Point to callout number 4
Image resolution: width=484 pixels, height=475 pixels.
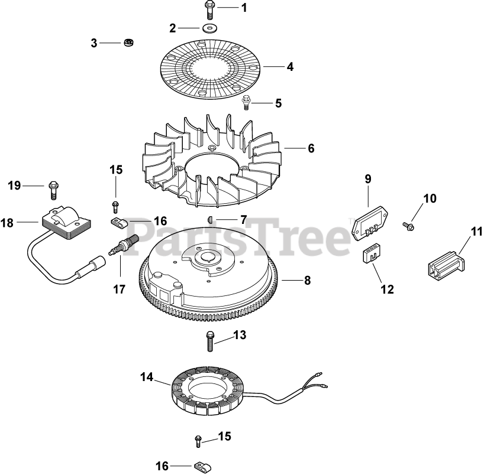[290, 67]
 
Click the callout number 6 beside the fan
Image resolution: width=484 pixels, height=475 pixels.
[311, 149]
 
